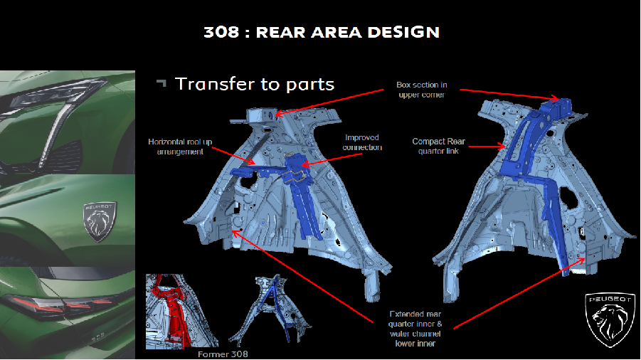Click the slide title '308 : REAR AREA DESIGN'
click(x=321, y=32)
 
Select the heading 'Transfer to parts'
click(x=254, y=84)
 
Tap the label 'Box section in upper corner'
click(x=422, y=90)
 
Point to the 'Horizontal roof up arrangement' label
click(x=179, y=146)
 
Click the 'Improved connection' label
click(x=362, y=142)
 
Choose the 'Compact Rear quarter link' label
click(x=438, y=145)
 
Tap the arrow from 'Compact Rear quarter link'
click(x=487, y=147)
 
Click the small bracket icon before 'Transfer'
click(x=161, y=83)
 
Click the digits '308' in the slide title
click(x=218, y=32)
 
